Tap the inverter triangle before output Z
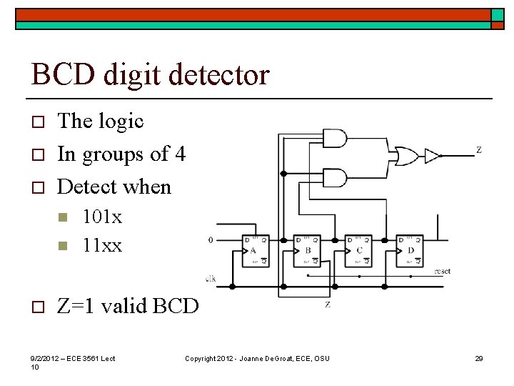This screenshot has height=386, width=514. click(x=433, y=155)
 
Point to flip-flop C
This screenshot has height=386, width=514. click(x=359, y=251)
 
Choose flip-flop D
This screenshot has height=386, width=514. click(x=410, y=251)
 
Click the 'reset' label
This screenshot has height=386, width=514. click(x=443, y=272)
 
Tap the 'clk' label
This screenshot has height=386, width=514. click(x=210, y=278)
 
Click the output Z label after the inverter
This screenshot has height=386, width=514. click(x=478, y=150)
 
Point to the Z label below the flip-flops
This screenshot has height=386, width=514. click(x=328, y=305)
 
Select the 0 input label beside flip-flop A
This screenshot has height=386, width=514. click(x=210, y=240)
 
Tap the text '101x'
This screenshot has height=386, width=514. click(x=102, y=215)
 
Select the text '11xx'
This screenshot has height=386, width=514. click(x=102, y=245)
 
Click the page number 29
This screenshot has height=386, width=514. click(x=479, y=358)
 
